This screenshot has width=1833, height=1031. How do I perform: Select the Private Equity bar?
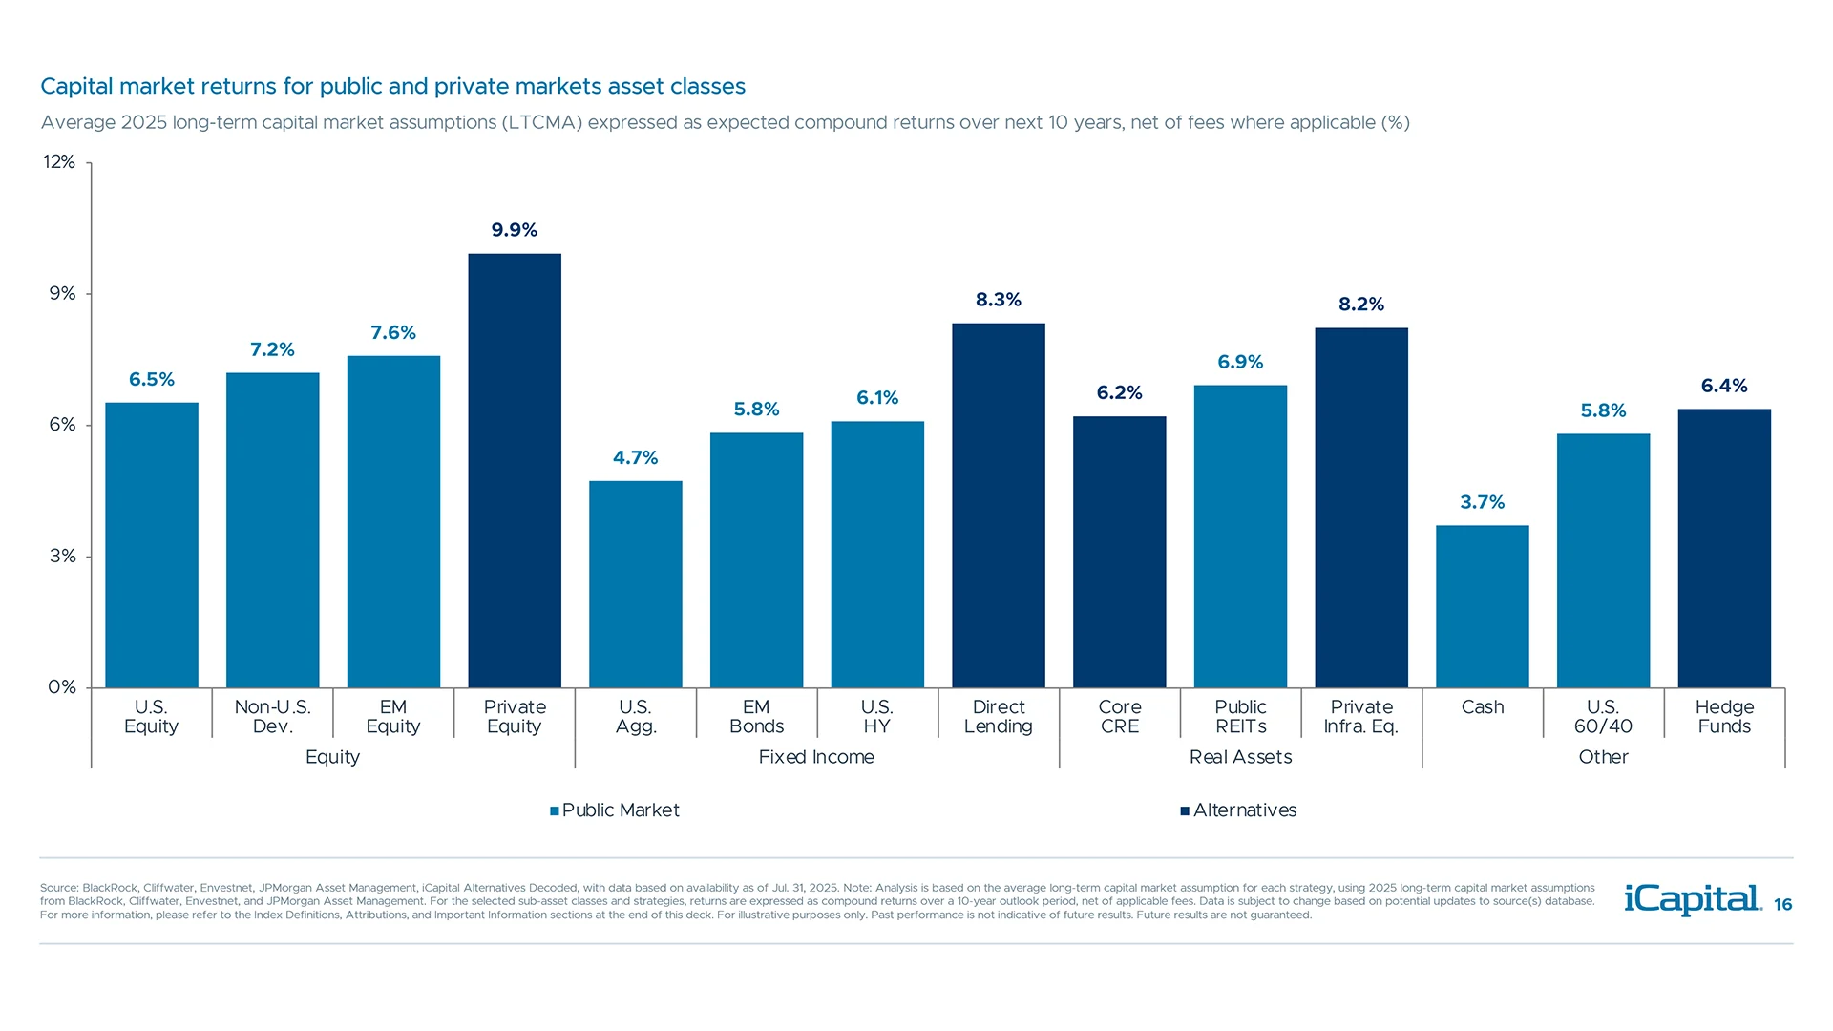tap(515, 470)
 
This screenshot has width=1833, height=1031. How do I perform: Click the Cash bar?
tap(1482, 606)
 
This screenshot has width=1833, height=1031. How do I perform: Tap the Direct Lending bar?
tap(998, 505)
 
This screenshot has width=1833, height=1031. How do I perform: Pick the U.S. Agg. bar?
tap(635, 584)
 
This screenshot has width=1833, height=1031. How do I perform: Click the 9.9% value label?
tap(515, 230)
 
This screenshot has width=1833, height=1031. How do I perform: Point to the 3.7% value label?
tap(1482, 502)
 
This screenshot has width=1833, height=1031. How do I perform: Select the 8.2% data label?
tap(1360, 305)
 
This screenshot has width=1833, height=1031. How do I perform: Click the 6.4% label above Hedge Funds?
tap(1723, 386)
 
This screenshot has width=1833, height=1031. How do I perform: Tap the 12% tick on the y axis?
tap(59, 162)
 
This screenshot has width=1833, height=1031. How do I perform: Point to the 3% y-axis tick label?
tap(62, 556)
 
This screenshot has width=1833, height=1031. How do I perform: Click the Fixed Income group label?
tap(816, 757)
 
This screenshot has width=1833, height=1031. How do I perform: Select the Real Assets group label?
tap(1240, 757)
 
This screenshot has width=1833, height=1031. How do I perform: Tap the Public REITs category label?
tap(1240, 717)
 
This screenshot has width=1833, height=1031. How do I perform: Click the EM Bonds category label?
tap(756, 717)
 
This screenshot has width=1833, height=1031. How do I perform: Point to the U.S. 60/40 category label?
tap(1603, 717)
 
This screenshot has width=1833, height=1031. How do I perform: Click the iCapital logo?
tap(1692, 899)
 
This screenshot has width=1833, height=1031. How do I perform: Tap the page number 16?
tap(1782, 905)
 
